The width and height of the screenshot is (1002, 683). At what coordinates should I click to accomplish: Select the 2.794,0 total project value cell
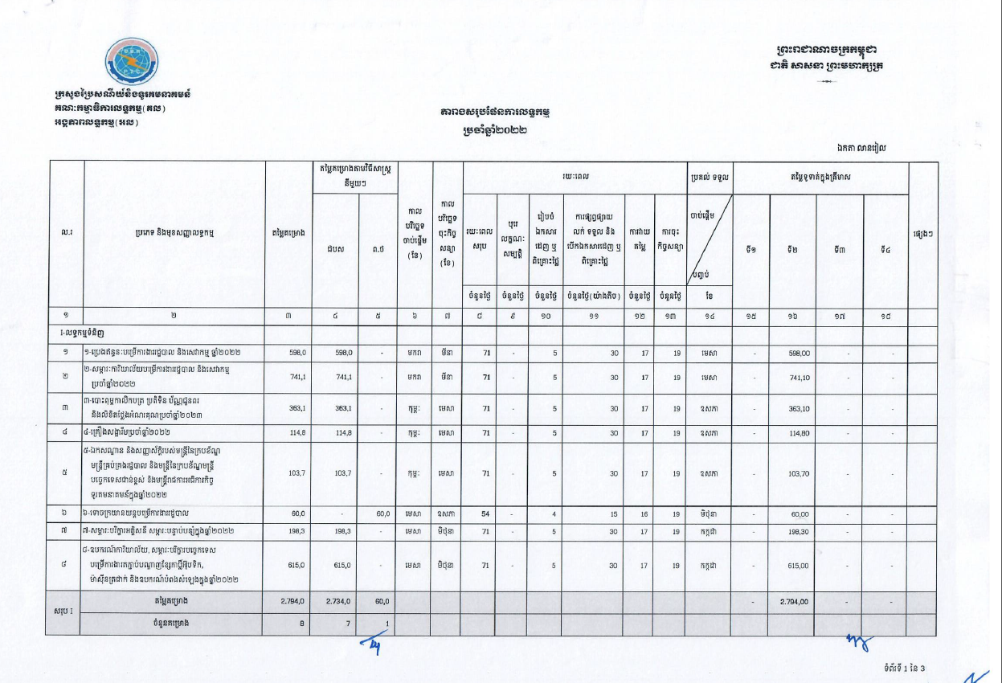click(289, 602)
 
